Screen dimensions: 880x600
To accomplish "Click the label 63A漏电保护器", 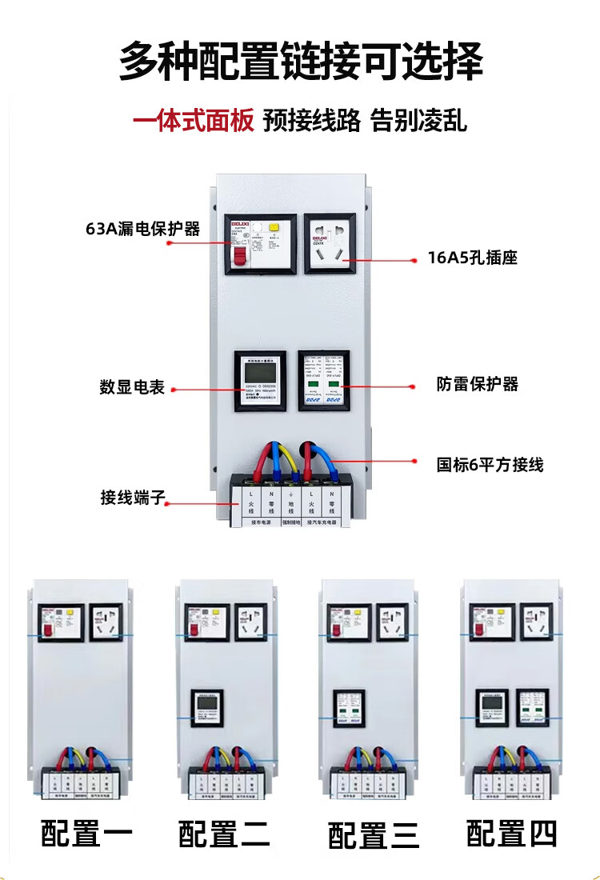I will click(142, 229).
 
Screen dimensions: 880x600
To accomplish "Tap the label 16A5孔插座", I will click(473, 258).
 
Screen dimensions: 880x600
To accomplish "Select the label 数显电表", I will click(132, 387).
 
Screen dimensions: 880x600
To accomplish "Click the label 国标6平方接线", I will click(490, 464).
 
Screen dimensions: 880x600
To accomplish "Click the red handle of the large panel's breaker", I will click(239, 254).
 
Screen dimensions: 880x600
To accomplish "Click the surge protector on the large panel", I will click(324, 381).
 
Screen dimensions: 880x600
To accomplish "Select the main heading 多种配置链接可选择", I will click(301, 62).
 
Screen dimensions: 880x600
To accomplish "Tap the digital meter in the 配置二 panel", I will click(206, 708).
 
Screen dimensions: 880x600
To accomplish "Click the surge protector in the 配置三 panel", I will click(349, 708).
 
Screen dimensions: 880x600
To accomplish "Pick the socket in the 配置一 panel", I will click(106, 622).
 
